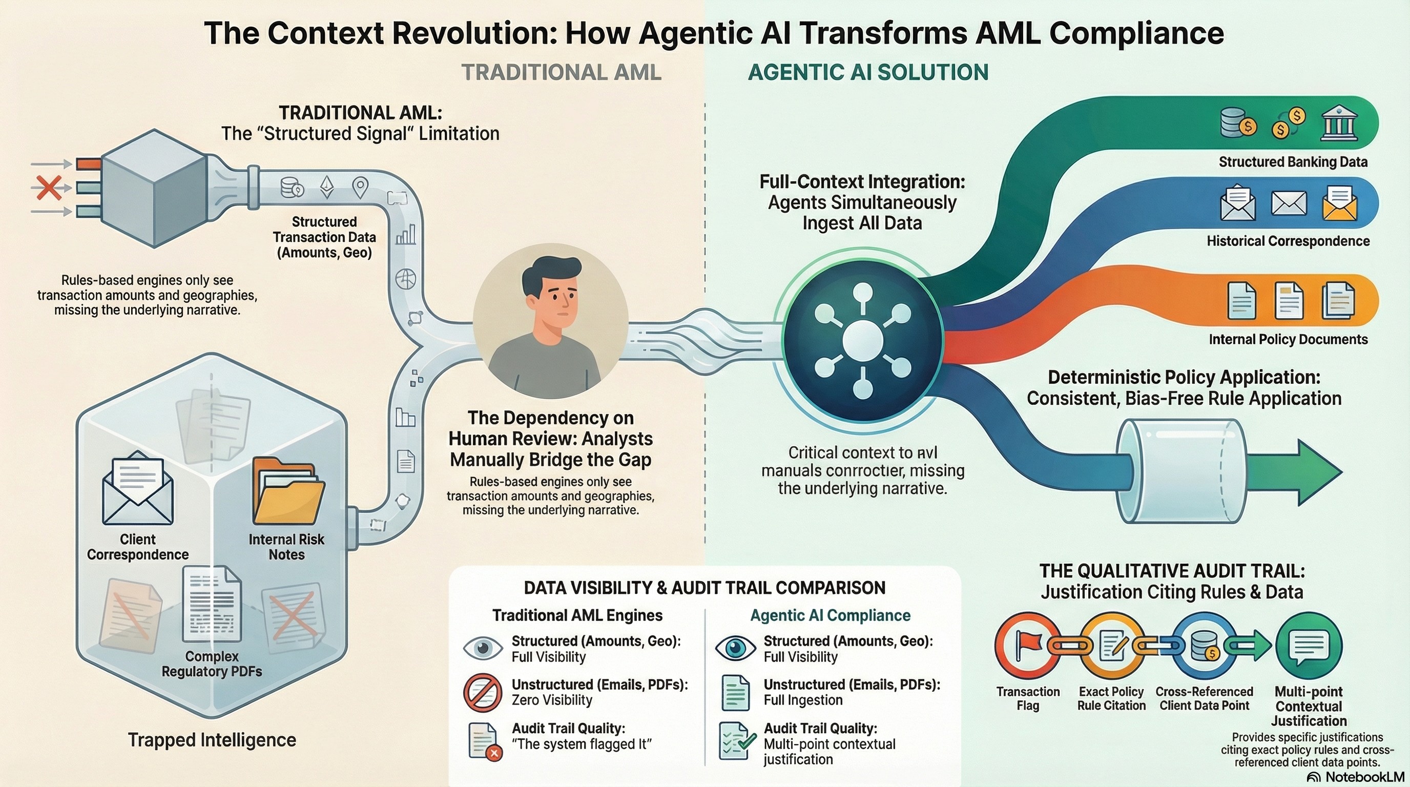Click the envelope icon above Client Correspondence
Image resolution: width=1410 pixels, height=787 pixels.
pos(138,488)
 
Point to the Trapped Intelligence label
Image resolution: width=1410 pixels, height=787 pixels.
pos(212,740)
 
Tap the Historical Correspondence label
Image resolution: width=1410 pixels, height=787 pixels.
pos(1288,241)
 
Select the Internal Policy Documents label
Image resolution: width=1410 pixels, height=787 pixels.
pos(1288,339)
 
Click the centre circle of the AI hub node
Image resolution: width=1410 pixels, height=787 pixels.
pos(863,340)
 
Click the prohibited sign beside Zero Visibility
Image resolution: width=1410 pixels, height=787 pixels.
pos(483,692)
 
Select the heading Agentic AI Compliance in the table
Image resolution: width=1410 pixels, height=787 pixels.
pos(830,615)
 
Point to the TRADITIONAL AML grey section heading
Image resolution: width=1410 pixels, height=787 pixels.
pos(561,72)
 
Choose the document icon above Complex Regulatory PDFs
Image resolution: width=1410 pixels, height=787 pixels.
pos(212,605)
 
